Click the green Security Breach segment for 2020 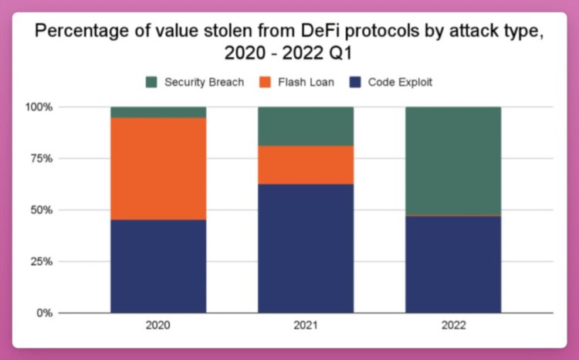tap(158, 112)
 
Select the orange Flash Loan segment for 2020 tap(158, 168)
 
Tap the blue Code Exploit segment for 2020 tap(158, 267)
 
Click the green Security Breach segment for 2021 tap(306, 126)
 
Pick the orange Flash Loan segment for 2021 tap(306, 165)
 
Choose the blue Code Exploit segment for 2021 tap(306, 248)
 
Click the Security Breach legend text tap(205, 82)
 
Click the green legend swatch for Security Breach tap(151, 82)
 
